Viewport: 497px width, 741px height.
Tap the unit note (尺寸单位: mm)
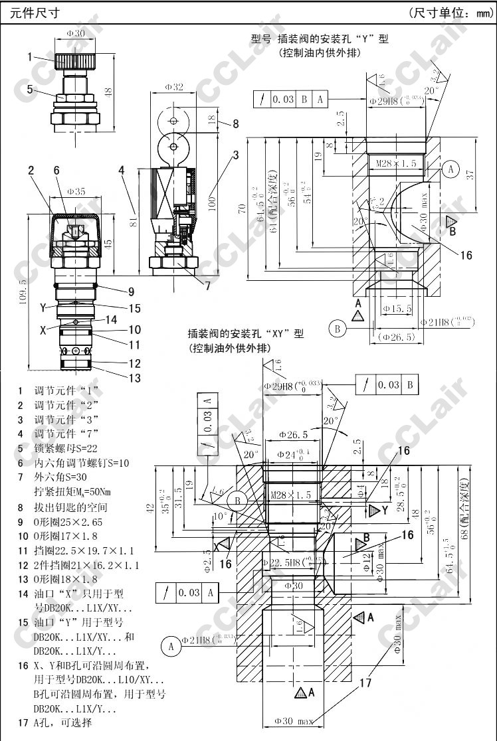point(449,13)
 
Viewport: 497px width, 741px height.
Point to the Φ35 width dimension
point(76,192)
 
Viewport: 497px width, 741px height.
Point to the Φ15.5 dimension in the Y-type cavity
point(397,308)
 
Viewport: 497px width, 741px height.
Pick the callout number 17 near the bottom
point(365,682)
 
